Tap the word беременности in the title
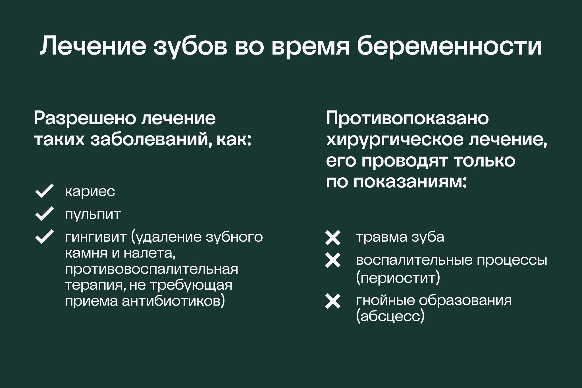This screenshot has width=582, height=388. click(x=449, y=45)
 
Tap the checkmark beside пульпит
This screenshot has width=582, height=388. click(x=44, y=214)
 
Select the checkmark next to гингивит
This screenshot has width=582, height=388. click(x=44, y=237)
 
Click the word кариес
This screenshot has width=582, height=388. click(x=90, y=191)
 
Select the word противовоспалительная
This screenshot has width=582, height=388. click(x=151, y=269)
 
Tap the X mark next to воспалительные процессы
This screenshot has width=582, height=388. click(x=333, y=260)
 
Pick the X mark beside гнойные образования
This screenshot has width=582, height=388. click(x=333, y=302)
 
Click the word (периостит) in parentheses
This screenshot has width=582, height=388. click(x=398, y=277)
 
